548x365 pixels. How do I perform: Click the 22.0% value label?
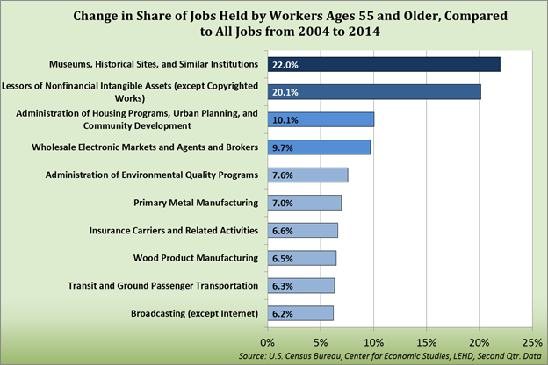coord(284,64)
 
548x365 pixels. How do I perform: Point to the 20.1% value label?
coord(284,92)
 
